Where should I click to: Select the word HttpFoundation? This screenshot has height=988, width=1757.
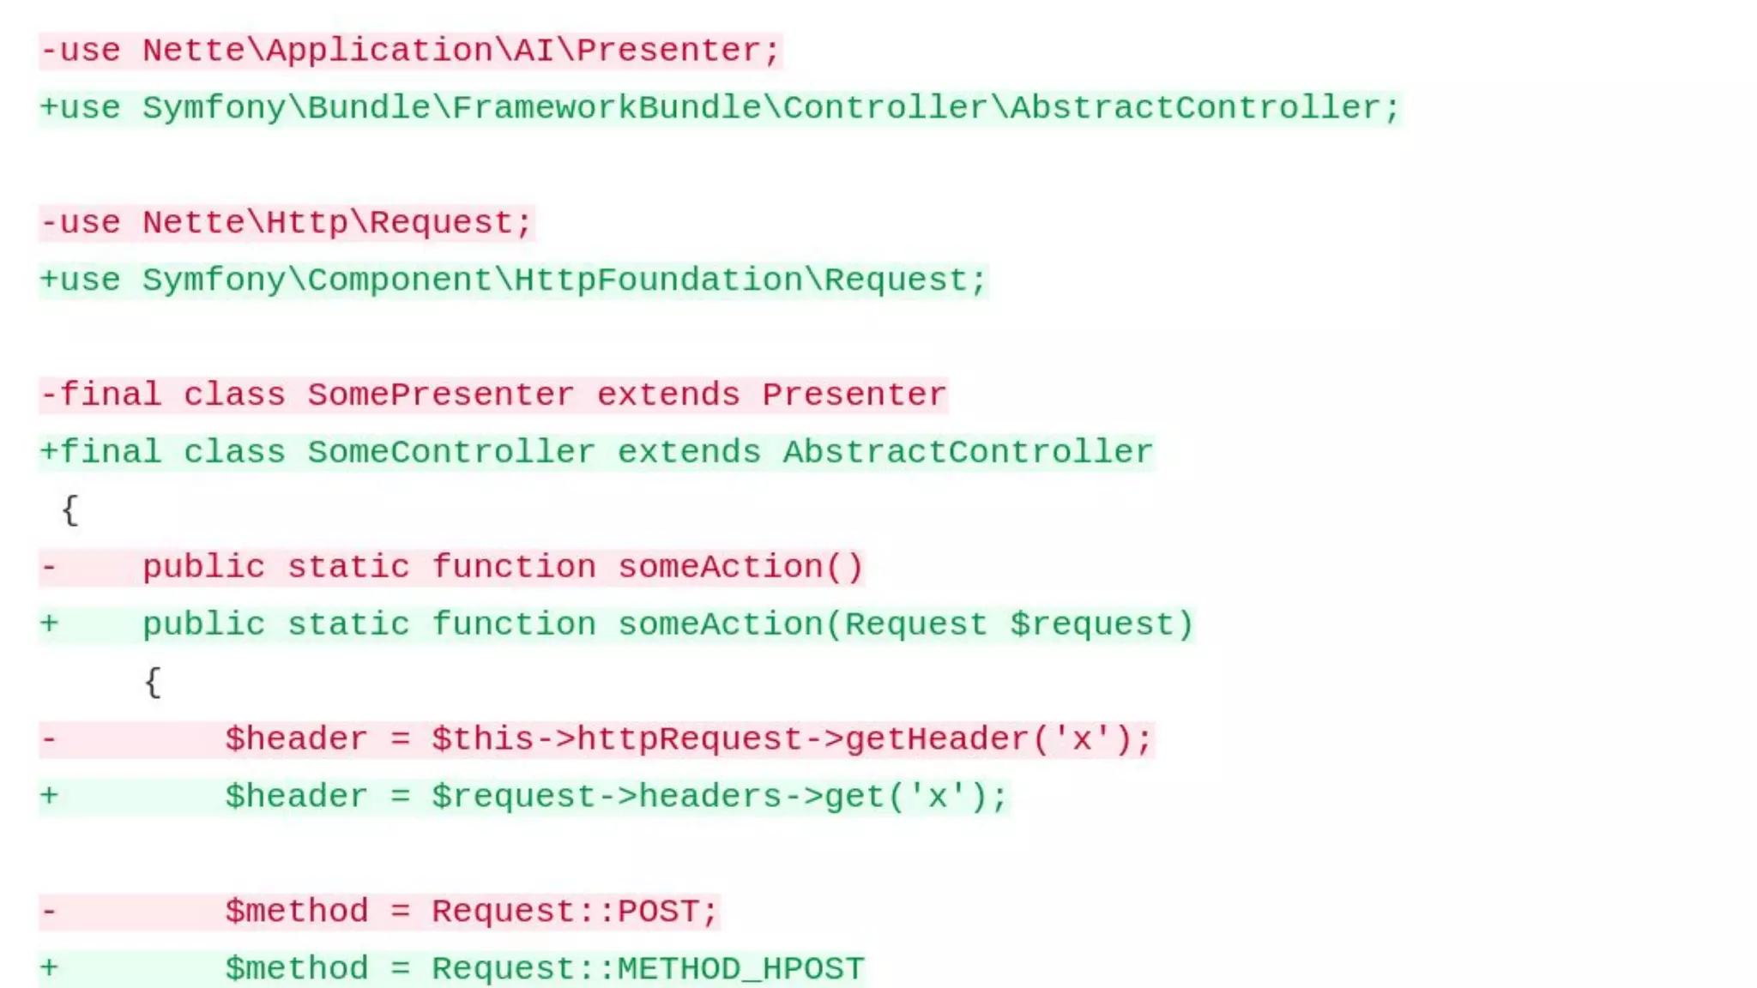[657, 280]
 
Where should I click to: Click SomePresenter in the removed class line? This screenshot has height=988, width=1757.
[441, 395]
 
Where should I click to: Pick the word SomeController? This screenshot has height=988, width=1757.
[451, 453]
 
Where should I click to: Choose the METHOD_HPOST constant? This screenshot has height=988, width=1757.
[740, 969]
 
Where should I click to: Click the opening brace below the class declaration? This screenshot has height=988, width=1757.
[70, 510]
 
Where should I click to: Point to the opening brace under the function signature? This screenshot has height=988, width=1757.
[153, 683]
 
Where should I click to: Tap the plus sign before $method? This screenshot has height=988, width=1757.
[50, 968]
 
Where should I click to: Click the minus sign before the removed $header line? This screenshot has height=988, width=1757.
[50, 739]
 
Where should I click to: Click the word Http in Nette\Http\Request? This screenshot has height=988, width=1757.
[307, 223]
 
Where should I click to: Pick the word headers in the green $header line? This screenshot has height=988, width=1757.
[709, 797]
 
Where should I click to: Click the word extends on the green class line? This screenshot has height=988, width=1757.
[689, 453]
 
